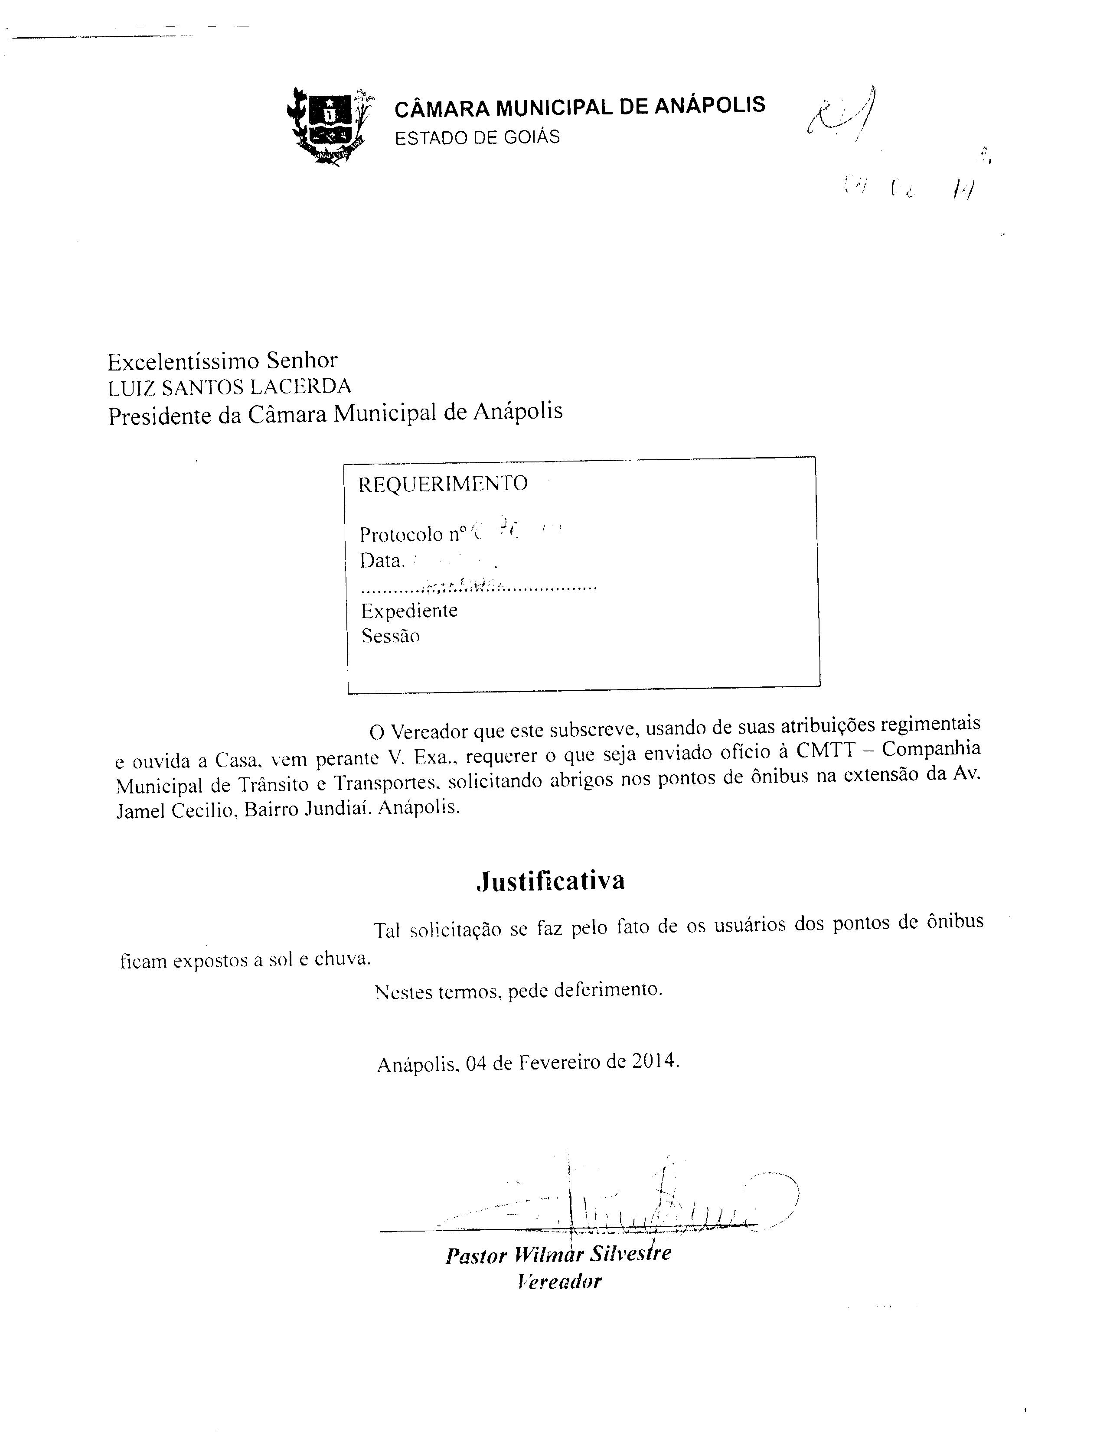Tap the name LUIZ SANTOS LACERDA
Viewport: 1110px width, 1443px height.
[x=229, y=387]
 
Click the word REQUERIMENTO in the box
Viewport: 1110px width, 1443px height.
[x=443, y=484]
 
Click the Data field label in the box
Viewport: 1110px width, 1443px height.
[x=382, y=561]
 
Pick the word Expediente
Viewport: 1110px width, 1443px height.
[x=409, y=610]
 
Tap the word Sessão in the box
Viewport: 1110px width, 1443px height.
[x=390, y=637]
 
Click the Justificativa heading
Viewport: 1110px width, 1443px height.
[x=550, y=881]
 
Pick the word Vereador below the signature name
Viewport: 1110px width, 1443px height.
[x=560, y=1282]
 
